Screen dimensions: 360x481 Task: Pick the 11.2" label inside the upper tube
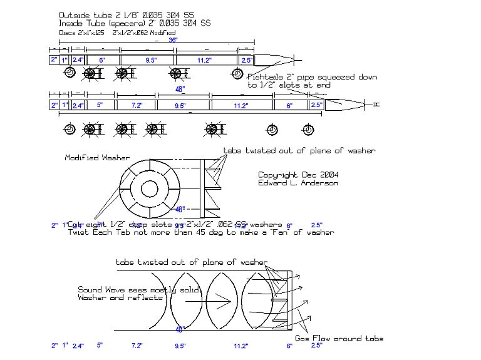(204, 60)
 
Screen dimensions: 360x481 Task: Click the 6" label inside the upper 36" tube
(102, 60)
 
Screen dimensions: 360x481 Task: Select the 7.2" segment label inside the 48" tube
(137, 106)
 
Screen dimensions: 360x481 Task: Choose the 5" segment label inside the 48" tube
(100, 106)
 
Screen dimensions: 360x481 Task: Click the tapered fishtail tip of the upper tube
(282, 60)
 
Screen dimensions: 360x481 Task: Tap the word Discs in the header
(66, 31)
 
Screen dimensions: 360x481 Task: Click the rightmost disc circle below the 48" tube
(308, 129)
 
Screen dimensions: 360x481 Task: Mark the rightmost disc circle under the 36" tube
(237, 74)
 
